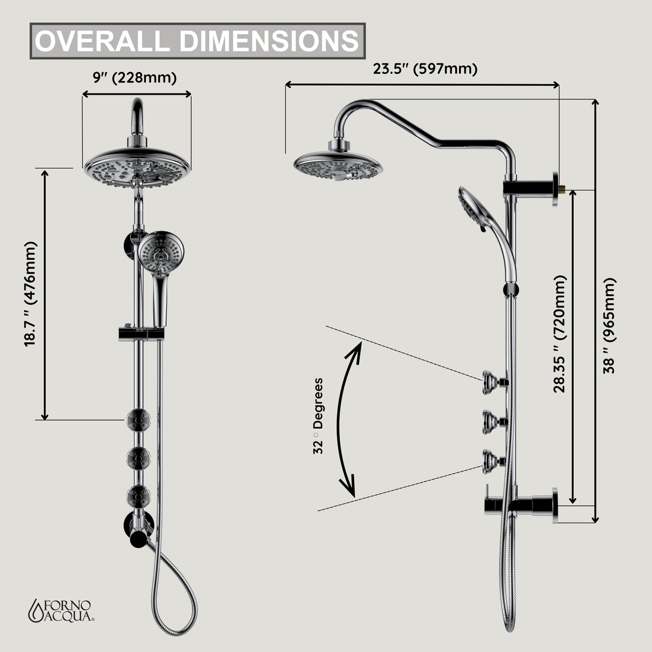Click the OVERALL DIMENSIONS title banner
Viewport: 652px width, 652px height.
pyautogui.click(x=198, y=41)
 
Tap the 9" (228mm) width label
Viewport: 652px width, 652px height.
pyautogui.click(x=135, y=78)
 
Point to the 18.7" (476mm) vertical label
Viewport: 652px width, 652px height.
pyautogui.click(x=30, y=294)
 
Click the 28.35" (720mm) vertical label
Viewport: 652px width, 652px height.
pyautogui.click(x=559, y=334)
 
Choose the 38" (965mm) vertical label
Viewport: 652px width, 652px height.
pyautogui.click(x=609, y=326)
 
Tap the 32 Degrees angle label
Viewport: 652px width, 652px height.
pyautogui.click(x=318, y=416)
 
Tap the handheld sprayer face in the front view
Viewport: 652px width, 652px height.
pyautogui.click(x=161, y=253)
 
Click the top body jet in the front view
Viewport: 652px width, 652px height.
pyautogui.click(x=138, y=420)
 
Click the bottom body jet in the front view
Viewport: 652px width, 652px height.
pyautogui.click(x=138, y=497)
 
